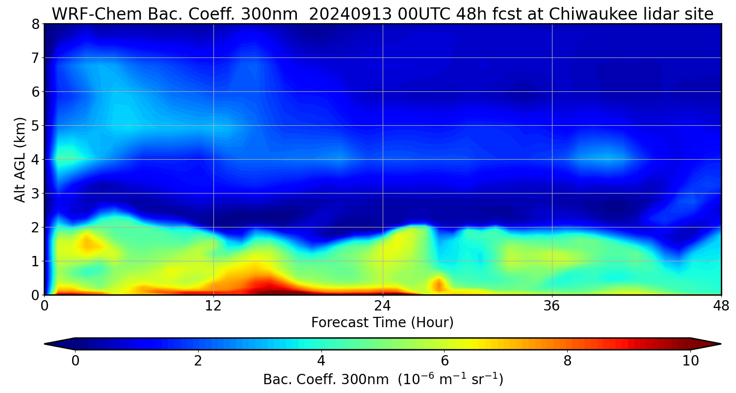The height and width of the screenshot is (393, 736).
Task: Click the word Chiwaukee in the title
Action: pos(591,14)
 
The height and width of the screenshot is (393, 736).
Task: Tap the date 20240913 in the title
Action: pos(349,14)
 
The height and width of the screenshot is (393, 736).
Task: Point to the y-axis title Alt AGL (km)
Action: pos(20,159)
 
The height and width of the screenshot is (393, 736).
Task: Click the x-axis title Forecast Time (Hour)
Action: pos(382,323)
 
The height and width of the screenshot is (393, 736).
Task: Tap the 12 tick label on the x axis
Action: pos(213,306)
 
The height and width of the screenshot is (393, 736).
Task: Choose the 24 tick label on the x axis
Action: pos(382,306)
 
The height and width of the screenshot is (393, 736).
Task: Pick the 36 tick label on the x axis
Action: pos(552,306)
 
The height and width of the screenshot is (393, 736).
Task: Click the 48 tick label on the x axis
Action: pos(721,306)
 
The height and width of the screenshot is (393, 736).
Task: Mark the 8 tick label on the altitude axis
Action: pos(35,24)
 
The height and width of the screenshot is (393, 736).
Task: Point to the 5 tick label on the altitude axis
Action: pos(35,126)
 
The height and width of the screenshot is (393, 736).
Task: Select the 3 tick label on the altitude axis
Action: pos(35,194)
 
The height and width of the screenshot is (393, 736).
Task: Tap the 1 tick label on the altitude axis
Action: pos(35,261)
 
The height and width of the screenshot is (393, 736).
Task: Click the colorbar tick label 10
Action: pos(690,361)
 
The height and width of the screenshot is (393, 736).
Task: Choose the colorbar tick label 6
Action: pos(444,361)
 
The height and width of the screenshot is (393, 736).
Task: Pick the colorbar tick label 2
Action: pos(198,361)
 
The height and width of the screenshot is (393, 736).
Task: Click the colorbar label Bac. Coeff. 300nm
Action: pos(328,380)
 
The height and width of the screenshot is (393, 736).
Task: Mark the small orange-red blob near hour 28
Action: pos(438,284)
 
